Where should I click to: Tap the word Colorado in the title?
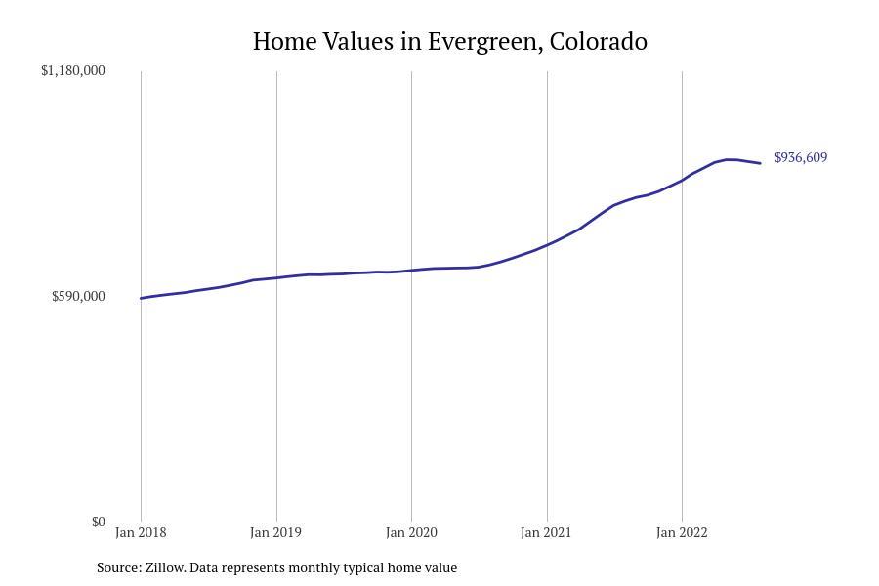pos(599,42)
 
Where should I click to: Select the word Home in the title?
pos(284,42)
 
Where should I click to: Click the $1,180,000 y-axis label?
pos(73,70)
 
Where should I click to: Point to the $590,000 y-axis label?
pos(78,296)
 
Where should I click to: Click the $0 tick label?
pos(98,522)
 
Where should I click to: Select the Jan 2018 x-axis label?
pos(141,532)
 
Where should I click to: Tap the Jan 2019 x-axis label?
pos(276,532)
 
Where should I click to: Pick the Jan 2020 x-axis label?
pos(411,532)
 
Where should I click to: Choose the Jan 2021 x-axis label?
pos(547,532)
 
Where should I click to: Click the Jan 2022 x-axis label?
pos(682,532)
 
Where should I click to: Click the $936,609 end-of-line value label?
pos(801,157)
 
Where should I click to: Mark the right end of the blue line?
pos(760,163)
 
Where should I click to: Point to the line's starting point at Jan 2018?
pos(142,298)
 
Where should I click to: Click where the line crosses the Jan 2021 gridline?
pos(547,244)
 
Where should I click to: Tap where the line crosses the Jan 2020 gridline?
pos(411,271)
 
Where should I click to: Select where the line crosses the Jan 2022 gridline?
pos(682,180)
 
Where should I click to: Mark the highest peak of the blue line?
pos(729,159)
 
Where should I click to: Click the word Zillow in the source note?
pos(164,567)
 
